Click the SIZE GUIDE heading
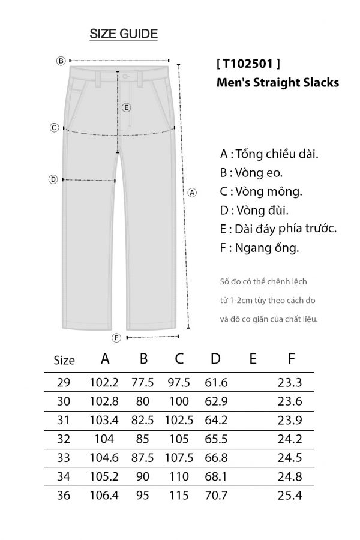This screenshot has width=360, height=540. (124, 34)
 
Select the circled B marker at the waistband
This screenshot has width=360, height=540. (61, 61)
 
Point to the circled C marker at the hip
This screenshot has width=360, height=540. (54, 127)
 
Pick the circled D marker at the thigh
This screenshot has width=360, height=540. (53, 179)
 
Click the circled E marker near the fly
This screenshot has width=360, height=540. (126, 108)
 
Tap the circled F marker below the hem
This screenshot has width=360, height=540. (117, 338)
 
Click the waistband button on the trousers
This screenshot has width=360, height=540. (125, 77)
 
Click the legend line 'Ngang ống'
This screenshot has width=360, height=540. (259, 247)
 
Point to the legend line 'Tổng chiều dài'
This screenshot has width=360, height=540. (269, 154)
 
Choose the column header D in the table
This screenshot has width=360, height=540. (215, 359)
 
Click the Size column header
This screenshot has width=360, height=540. (64, 361)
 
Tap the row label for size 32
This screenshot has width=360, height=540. (64, 439)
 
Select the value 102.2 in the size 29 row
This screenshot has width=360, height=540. (105, 382)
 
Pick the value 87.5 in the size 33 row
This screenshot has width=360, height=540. (143, 458)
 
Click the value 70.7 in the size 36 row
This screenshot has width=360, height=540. (215, 496)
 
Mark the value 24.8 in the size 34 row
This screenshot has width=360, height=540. (290, 477)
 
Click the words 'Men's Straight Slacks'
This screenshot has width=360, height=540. (277, 83)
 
